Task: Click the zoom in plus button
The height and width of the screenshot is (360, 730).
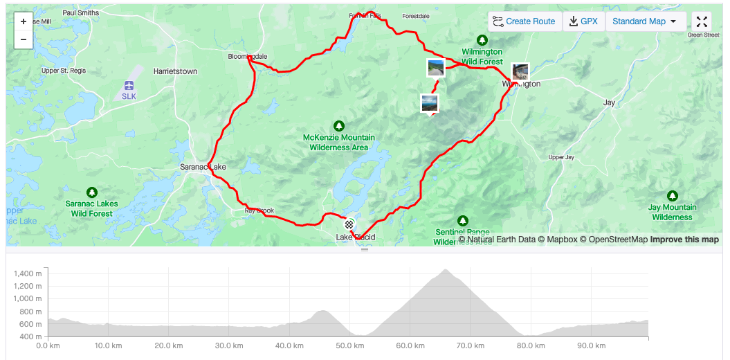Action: point(24,21)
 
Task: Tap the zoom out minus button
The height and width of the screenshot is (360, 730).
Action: point(24,39)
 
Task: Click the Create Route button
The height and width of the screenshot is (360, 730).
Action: point(524,21)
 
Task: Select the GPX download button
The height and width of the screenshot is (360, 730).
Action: point(583,21)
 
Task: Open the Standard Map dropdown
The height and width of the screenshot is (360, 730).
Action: point(645,21)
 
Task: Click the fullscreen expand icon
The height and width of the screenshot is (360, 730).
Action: point(702,21)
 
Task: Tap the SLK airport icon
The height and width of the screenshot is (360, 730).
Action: point(129,85)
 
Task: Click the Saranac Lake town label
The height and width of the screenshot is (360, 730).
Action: point(203,167)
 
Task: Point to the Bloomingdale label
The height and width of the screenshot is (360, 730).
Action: point(248,56)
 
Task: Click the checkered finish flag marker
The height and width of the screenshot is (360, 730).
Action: point(350,224)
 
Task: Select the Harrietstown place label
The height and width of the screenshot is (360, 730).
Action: point(175,71)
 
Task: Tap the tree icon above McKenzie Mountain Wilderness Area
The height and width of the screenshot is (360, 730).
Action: point(339,125)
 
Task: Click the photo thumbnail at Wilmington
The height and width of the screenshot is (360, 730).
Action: point(520,71)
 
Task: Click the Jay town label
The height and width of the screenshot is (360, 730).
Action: point(609,102)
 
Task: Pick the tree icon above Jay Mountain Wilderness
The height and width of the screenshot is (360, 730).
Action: point(672,195)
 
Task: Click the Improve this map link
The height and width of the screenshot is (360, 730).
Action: point(684,240)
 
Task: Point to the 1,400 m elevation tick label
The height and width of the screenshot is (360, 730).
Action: point(29,274)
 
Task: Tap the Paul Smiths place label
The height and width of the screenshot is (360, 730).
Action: point(80,12)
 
